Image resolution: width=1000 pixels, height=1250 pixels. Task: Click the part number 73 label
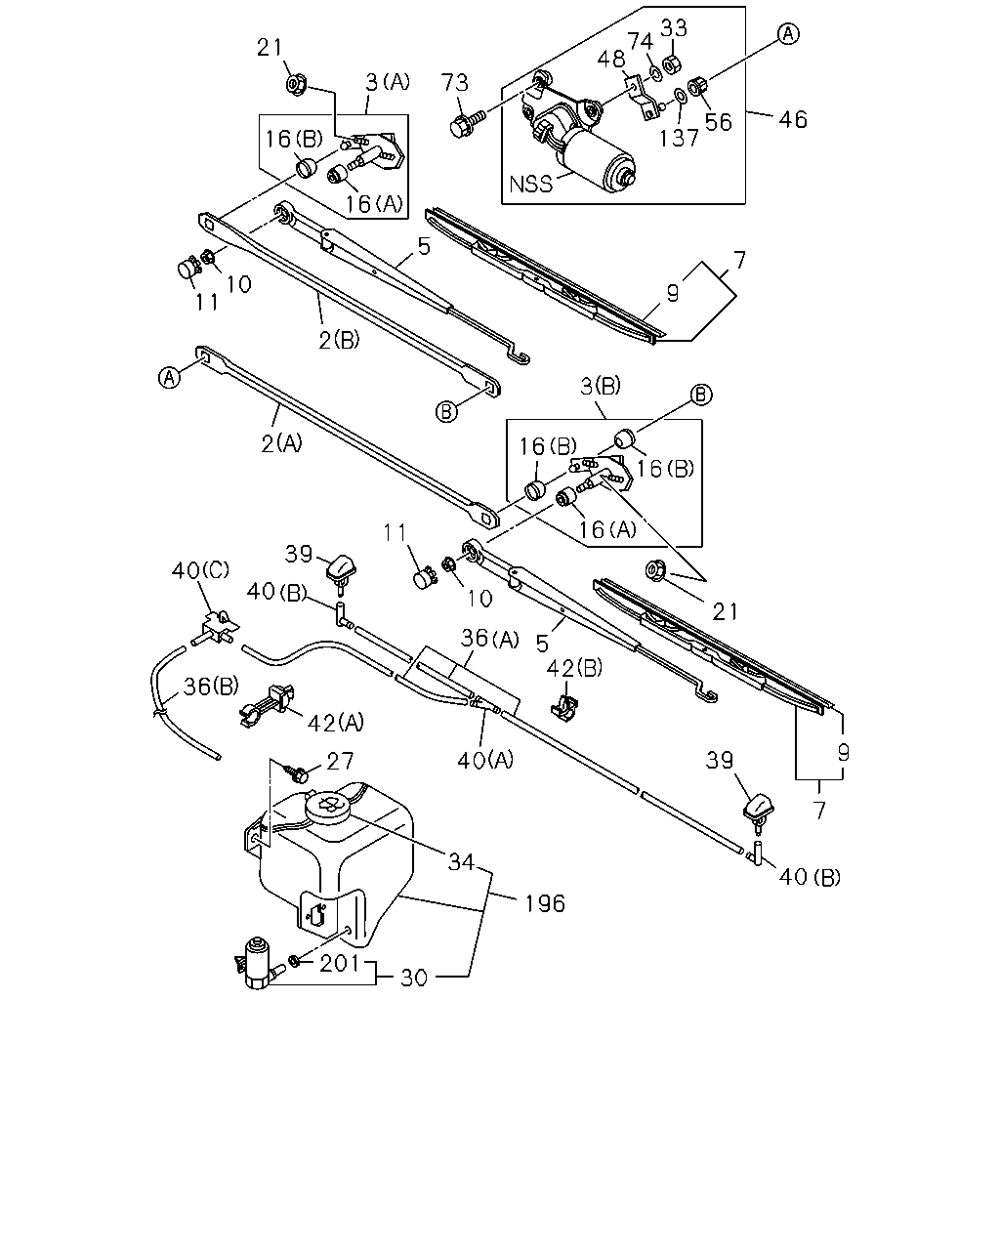click(x=454, y=82)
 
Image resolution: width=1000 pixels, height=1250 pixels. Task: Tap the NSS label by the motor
click(x=530, y=185)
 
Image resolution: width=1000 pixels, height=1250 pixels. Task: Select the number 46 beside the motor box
click(x=793, y=120)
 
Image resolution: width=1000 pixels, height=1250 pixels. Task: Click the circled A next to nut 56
click(x=788, y=33)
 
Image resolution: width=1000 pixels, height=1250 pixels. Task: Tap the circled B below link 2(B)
click(x=445, y=412)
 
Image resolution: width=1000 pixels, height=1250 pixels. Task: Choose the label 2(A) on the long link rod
click(x=282, y=443)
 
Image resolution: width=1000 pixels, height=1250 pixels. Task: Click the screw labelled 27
click(x=296, y=773)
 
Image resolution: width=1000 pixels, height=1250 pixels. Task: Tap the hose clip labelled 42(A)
click(x=268, y=706)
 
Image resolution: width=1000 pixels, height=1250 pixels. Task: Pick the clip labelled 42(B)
click(x=563, y=707)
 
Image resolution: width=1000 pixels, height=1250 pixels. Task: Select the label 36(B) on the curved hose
click(x=211, y=687)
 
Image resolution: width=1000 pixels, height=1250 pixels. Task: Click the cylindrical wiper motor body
click(x=597, y=160)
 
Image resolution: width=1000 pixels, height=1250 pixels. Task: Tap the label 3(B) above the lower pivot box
click(x=601, y=385)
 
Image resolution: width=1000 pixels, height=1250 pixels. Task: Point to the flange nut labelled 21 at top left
click(x=297, y=85)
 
